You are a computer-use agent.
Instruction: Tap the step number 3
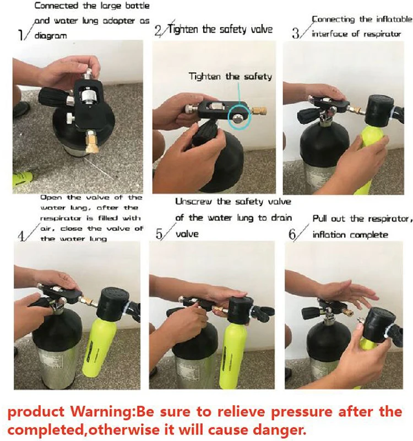[x=296, y=33]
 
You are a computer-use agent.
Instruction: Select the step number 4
[x=23, y=235]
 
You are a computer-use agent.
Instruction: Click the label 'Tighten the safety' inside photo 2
[x=230, y=76]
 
